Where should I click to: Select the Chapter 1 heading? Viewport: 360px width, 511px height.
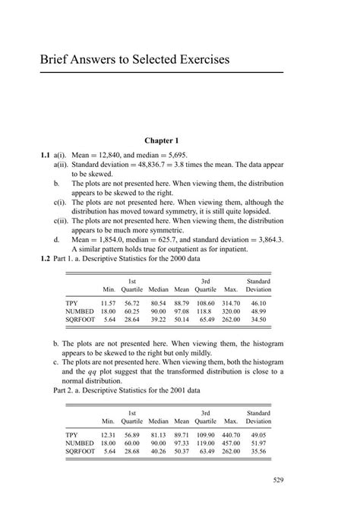(x=161, y=140)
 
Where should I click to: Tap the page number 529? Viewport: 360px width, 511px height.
(x=278, y=480)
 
